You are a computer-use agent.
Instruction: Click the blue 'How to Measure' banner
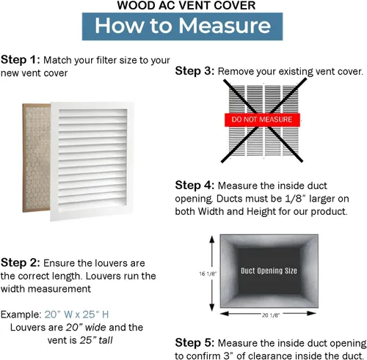[x=182, y=26]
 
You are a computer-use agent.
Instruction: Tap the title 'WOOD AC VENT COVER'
[x=186, y=5]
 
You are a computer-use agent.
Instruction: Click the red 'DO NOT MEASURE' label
[x=262, y=120]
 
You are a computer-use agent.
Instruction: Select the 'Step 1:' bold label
[x=21, y=60]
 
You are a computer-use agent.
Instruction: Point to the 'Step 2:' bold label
[x=21, y=262]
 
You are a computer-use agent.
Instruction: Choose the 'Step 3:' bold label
[x=195, y=71]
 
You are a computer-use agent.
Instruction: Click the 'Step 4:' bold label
[x=195, y=185]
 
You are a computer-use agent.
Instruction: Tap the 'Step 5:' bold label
[x=195, y=342]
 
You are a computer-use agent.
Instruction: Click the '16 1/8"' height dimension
[x=208, y=273]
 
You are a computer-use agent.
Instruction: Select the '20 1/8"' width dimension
[x=271, y=315]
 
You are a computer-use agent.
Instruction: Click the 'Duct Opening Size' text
[x=269, y=271]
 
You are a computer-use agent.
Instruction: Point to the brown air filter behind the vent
[x=37, y=158]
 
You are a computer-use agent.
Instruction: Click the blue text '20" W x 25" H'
[x=76, y=315]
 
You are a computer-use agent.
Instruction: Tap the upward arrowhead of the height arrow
[x=212, y=239]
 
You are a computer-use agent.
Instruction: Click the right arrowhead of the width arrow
[x=312, y=313]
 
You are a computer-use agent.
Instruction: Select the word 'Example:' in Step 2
[x=21, y=315]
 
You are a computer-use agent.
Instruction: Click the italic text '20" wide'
[x=86, y=327]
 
